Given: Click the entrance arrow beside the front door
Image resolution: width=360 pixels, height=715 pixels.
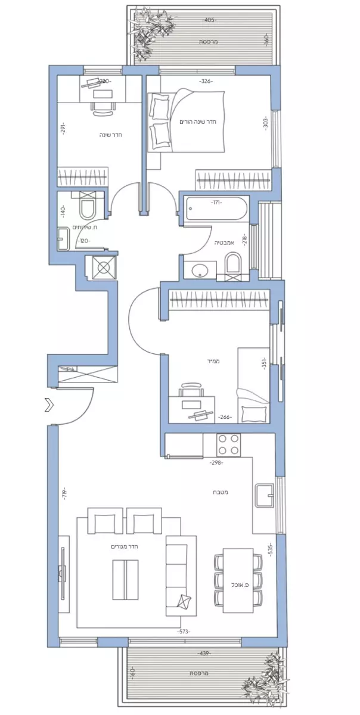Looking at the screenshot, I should click(x=48, y=406).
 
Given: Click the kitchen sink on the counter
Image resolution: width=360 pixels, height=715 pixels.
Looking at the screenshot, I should click(x=264, y=494).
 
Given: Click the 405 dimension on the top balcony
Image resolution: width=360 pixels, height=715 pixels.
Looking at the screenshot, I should click(x=208, y=20).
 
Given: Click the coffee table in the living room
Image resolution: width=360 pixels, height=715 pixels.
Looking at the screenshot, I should click(x=126, y=579).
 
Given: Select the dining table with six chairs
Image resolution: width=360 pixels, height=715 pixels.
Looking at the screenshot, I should click(x=238, y=580).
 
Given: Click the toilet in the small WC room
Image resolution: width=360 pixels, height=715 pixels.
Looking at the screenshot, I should click(x=88, y=210).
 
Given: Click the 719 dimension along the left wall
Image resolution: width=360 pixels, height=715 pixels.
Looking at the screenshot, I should click(x=63, y=494).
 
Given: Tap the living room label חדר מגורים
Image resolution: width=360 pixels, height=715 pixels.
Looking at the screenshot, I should click(x=125, y=546).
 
